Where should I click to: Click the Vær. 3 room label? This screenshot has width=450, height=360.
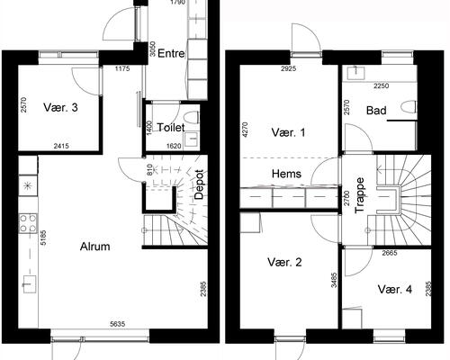(60, 107)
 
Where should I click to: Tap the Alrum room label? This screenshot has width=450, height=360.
(94, 247)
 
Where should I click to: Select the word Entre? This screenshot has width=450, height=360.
(171, 53)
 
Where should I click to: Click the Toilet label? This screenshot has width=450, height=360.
(171, 128)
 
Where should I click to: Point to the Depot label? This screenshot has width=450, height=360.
(199, 184)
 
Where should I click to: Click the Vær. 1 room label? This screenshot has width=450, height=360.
(288, 132)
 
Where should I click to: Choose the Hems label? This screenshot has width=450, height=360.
(286, 174)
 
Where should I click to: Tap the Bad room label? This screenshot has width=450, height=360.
(376, 111)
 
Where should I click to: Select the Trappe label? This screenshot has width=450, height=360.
(359, 195)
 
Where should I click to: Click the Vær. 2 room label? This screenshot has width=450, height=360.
(284, 262)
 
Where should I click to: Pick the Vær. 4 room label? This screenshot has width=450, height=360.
(395, 290)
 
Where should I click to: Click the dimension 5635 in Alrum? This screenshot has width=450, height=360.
(118, 324)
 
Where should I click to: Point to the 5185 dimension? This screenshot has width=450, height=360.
(43, 238)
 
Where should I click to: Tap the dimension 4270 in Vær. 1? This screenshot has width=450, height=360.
(245, 130)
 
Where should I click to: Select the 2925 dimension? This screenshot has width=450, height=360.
(289, 68)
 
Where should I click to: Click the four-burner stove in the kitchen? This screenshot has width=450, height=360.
(28, 223)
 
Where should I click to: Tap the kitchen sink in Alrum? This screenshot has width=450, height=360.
(30, 283)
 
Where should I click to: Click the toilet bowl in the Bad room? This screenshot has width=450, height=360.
(409, 107)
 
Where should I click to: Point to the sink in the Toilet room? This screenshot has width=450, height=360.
(191, 139)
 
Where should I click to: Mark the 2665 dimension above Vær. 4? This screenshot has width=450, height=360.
(390, 253)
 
